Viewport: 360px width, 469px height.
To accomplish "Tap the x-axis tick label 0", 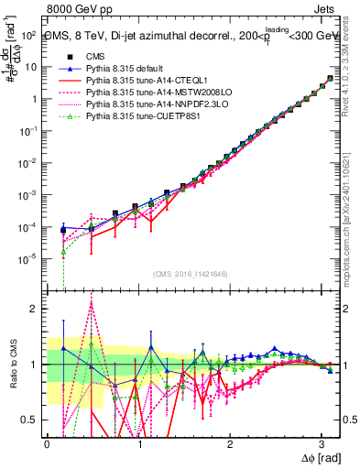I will [47, 444].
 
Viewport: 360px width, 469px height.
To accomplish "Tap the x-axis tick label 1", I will [138, 444].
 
